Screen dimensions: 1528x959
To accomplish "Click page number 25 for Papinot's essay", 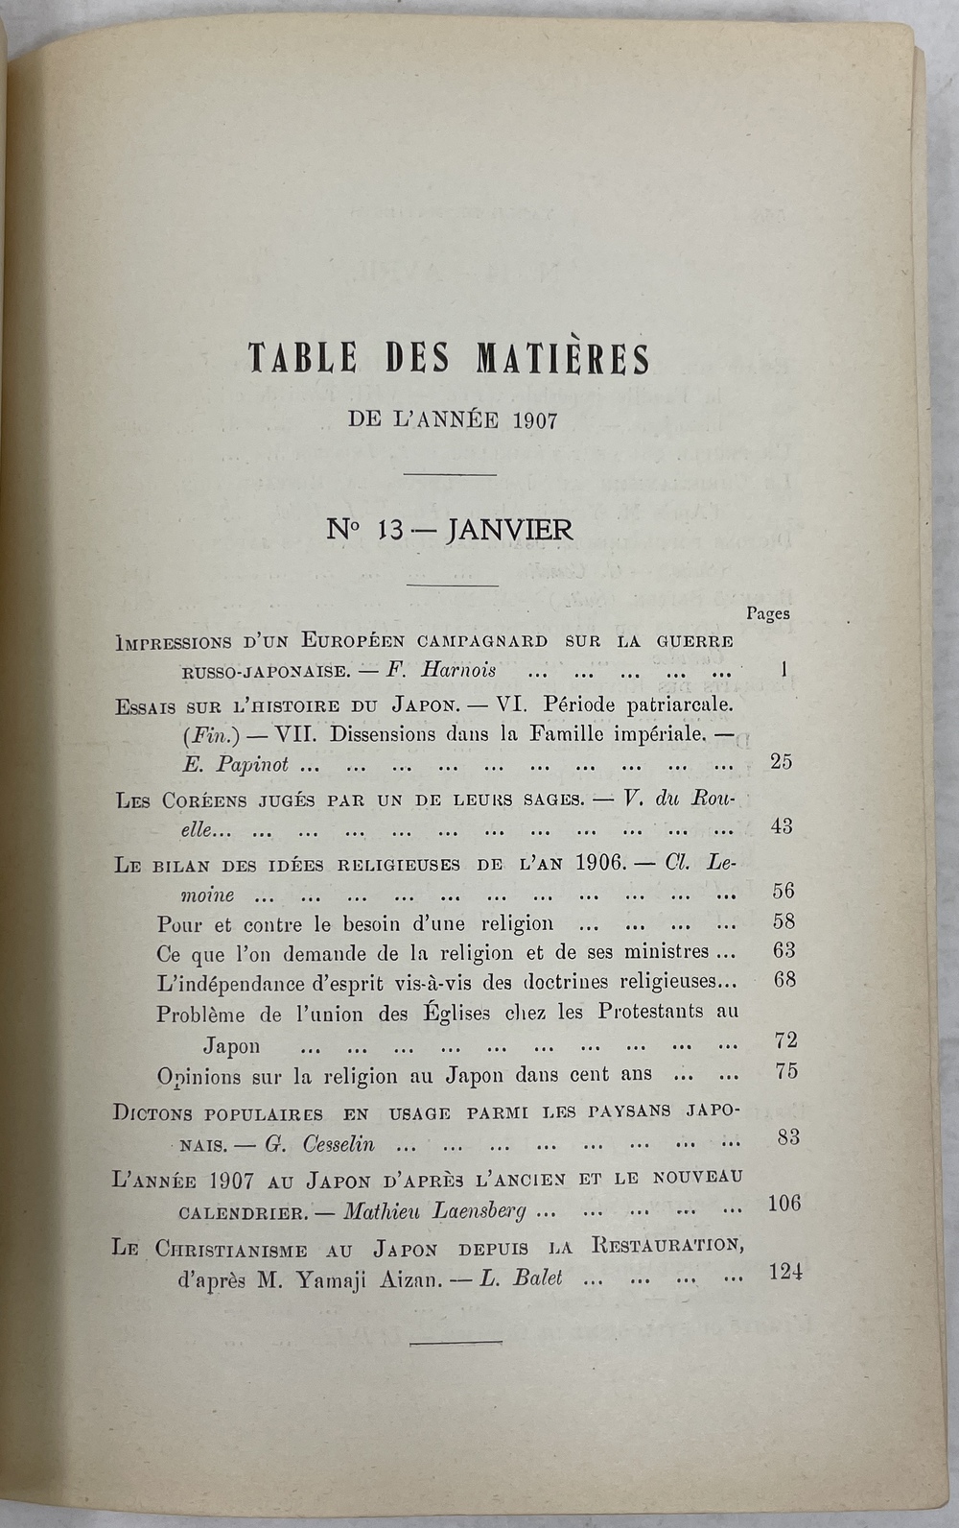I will [782, 763].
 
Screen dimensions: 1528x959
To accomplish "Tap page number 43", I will [782, 826].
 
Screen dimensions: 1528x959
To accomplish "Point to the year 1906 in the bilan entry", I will [601, 862].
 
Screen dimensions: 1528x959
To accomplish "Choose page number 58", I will [784, 922].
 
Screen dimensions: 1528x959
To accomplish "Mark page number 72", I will [784, 1040].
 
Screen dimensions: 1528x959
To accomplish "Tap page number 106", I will [784, 1204].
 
